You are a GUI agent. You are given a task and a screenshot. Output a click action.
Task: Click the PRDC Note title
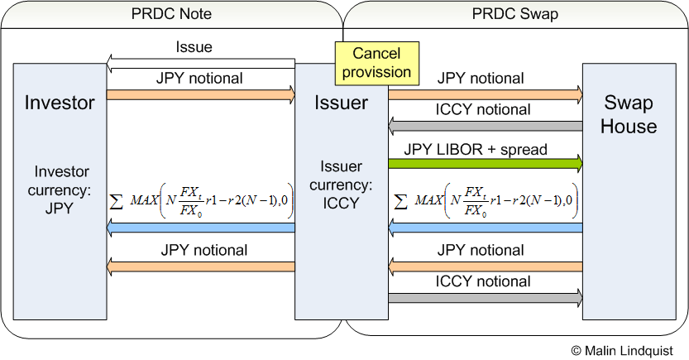(171, 14)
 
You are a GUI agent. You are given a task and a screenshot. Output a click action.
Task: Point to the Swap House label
(629, 115)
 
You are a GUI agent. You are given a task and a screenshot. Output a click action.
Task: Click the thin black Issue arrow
(201, 60)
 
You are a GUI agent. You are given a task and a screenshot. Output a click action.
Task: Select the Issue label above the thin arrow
(194, 47)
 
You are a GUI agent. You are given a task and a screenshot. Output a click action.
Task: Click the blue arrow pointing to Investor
(201, 228)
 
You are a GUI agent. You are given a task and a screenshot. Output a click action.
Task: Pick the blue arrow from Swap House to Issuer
(485, 228)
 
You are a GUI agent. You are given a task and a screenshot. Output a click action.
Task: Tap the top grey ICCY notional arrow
(485, 126)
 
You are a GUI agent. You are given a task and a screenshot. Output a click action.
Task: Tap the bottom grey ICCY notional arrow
(485, 298)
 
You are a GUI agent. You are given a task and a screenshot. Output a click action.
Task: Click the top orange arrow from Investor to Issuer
(201, 94)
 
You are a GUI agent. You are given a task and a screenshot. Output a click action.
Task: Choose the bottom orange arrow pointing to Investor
(201, 266)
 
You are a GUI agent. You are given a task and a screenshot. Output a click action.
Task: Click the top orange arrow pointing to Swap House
(485, 94)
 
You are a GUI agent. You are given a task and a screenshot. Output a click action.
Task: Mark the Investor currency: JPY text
(60, 190)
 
